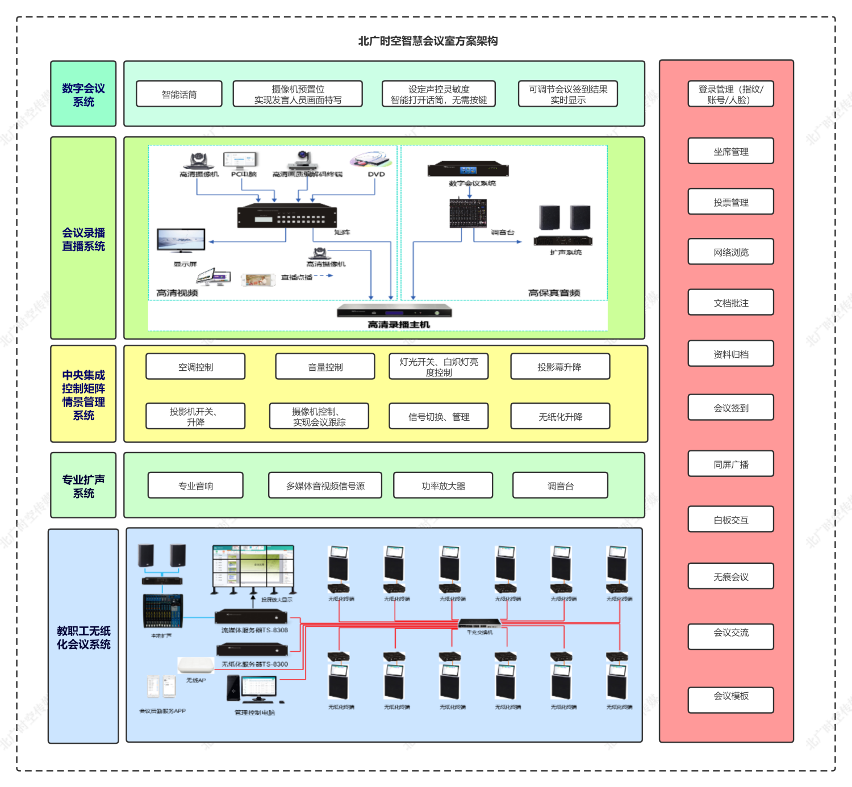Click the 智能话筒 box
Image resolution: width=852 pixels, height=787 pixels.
click(179, 94)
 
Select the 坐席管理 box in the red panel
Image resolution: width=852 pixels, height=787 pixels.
click(730, 151)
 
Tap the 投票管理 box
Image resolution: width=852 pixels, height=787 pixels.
click(730, 202)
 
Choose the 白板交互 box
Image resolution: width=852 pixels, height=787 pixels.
click(730, 520)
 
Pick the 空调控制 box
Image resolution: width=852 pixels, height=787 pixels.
click(195, 367)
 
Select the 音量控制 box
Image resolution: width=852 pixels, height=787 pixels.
click(325, 367)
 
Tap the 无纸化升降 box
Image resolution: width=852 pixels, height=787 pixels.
click(560, 416)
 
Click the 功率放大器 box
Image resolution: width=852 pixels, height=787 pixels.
click(443, 485)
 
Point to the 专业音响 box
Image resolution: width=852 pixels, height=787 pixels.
click(195, 485)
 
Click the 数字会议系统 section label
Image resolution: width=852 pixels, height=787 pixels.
click(83, 94)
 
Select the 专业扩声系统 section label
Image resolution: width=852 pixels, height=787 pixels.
click(83, 485)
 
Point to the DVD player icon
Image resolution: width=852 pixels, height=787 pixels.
click(370, 159)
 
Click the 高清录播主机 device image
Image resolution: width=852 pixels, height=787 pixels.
click(394, 311)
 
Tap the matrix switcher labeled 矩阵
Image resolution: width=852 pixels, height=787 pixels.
click(287, 216)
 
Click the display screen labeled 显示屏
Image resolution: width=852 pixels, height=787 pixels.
click(181, 240)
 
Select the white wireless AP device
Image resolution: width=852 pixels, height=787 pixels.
click(195, 665)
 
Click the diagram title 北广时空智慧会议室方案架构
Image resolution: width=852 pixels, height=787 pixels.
click(428, 41)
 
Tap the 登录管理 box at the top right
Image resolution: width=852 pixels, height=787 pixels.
click(730, 94)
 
